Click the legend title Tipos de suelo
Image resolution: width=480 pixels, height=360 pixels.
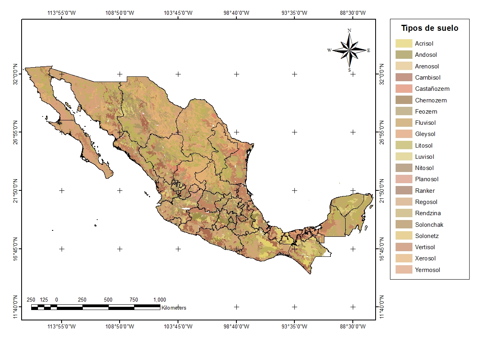(430, 28)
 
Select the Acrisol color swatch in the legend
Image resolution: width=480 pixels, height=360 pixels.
(404, 44)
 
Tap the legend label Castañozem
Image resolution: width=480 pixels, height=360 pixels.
(432, 89)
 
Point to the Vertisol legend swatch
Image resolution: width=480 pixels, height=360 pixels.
(404, 247)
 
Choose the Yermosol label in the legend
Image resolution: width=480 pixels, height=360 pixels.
(427, 270)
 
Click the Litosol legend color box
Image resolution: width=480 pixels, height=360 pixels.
(404, 146)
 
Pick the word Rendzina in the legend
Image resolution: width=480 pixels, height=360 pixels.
(428, 213)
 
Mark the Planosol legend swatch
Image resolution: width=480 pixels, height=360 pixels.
(404, 179)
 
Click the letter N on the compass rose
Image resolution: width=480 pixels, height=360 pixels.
(350, 30)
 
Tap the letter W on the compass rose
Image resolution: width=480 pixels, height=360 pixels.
(329, 50)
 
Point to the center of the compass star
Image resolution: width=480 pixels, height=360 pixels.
(350, 50)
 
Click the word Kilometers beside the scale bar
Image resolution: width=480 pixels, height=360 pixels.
(174, 308)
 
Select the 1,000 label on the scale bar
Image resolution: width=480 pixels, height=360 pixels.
(159, 300)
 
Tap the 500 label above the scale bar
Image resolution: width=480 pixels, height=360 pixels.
(108, 300)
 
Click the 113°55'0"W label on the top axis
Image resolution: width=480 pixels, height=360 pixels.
(62, 12)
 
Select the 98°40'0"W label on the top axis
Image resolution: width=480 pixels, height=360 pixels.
(236, 12)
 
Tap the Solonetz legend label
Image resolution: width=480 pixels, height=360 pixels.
(426, 236)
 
